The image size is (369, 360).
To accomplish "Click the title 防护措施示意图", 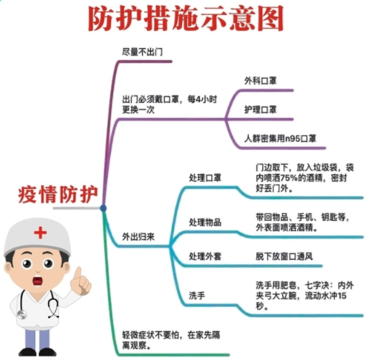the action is [x=186, y=19].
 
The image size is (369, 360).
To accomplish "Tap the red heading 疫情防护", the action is [x=58, y=195].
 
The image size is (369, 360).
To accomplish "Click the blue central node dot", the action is [x=103, y=208].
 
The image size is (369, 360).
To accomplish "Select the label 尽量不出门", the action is [x=143, y=52].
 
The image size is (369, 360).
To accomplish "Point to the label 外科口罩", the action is [x=260, y=81].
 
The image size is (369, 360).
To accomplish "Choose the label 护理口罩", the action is [x=260, y=110].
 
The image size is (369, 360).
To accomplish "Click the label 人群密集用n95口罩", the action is [x=280, y=139].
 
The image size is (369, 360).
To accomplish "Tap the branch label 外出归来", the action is [x=138, y=237].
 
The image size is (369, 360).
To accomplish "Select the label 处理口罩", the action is [x=205, y=178].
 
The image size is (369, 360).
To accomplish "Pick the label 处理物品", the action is [x=205, y=223].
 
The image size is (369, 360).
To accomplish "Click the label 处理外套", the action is [x=205, y=256].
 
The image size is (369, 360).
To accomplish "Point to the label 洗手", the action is [x=197, y=296].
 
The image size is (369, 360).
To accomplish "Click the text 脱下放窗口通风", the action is [x=284, y=256].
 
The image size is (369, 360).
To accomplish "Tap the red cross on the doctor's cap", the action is [x=40, y=233].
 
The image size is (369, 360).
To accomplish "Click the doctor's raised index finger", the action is [x=78, y=274].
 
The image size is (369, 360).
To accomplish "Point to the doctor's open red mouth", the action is [x=37, y=281].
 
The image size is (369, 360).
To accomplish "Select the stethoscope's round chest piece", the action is [x=21, y=314].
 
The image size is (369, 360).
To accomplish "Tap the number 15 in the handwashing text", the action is [x=342, y=296].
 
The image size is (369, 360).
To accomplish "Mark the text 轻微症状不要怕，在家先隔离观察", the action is [x=171, y=340].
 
